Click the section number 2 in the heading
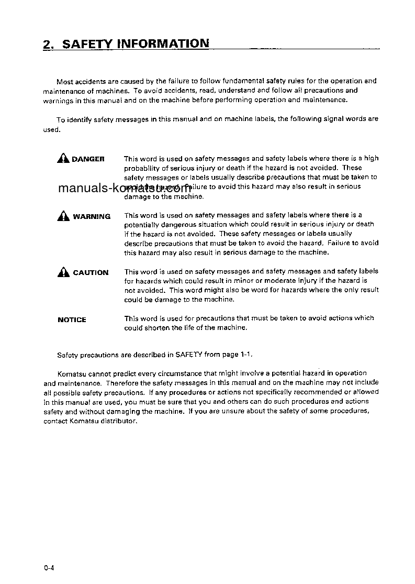coord(47,45)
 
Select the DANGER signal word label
coord(88,159)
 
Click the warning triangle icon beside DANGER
coord(63,159)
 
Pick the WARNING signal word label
coord(92,216)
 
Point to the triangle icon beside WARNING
coord(63,215)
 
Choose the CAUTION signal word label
coord(91,273)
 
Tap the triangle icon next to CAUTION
coord(63,272)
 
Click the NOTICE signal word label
coord(72,319)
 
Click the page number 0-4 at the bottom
coord(49,567)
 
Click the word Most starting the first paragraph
coord(65,81)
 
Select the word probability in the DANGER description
coord(142,168)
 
